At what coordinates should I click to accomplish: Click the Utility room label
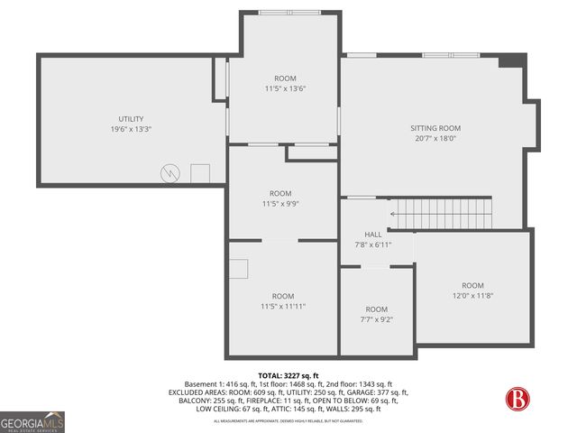131,119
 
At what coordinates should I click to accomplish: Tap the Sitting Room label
435,128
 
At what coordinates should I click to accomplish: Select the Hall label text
372,235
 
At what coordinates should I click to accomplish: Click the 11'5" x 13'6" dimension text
285,88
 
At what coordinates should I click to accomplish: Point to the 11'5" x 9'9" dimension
280,204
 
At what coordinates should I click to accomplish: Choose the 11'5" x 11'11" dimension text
283,307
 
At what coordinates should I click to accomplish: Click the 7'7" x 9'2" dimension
376,319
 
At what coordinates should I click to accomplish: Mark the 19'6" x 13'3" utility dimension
131,129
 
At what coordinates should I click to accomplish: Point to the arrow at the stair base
393,214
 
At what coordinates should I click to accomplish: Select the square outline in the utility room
200,171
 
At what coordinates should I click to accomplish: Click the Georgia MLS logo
32,421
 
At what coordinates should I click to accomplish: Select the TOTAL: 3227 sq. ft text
288,375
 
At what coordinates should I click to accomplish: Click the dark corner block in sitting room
512,60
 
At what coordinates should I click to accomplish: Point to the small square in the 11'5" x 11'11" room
239,269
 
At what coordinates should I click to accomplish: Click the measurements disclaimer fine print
288,421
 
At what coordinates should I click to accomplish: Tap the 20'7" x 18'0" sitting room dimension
435,138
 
